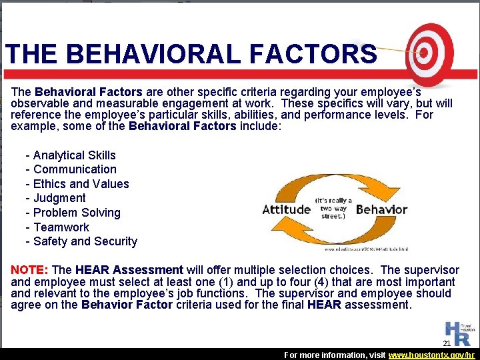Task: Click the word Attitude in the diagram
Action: click(x=287, y=209)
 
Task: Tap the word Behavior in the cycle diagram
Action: click(x=381, y=209)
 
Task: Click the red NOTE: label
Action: click(x=29, y=270)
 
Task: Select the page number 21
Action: click(x=447, y=343)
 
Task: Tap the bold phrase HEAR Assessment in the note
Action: click(x=129, y=270)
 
